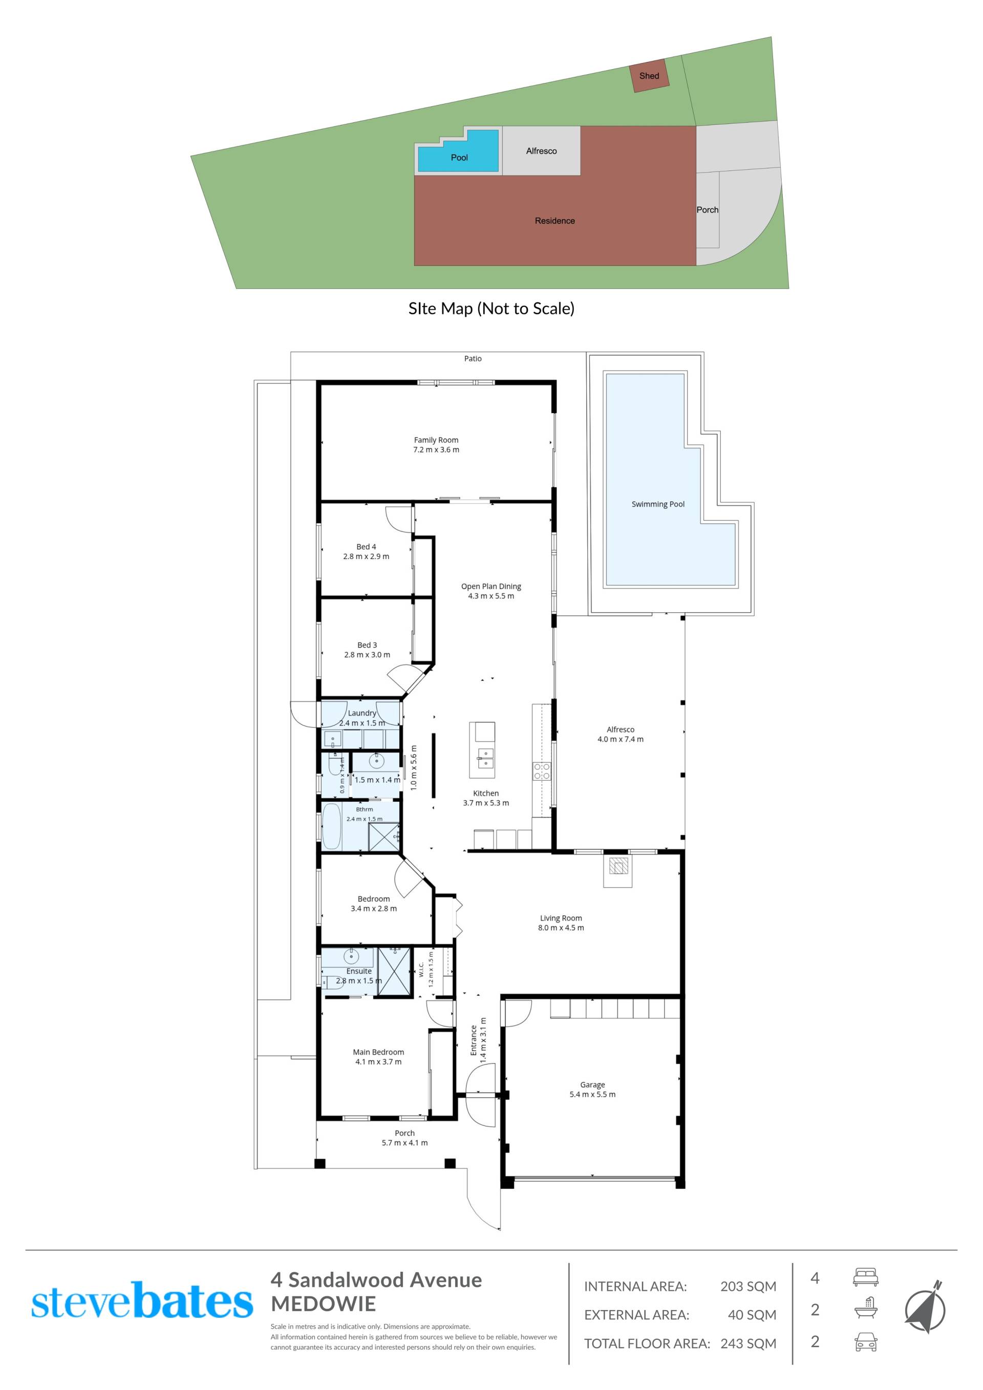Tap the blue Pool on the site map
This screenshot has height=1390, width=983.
(458, 152)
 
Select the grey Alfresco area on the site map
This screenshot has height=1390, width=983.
(541, 151)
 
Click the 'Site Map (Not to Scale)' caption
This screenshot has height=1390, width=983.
(491, 309)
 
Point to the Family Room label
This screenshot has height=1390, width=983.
(436, 440)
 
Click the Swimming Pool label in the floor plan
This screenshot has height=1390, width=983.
(658, 504)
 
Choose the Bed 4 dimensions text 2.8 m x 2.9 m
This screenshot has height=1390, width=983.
(366, 557)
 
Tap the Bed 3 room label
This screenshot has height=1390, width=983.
(367, 646)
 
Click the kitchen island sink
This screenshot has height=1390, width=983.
(485, 758)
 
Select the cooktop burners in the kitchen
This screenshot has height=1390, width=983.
(542, 770)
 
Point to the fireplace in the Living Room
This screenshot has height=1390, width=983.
(618, 867)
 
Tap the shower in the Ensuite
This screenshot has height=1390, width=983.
(394, 972)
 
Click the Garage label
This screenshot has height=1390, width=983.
(592, 1085)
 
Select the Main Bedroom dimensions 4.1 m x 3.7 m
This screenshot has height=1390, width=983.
(378, 1062)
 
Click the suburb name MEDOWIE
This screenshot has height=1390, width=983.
(323, 1303)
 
